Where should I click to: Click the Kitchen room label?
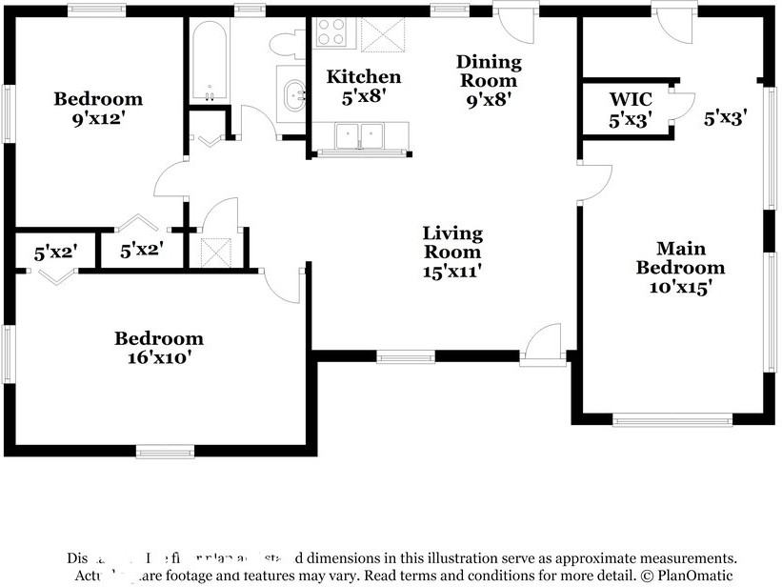click(364, 77)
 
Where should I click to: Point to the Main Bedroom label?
click(680, 258)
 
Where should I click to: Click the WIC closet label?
click(630, 99)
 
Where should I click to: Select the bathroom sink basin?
click(292, 93)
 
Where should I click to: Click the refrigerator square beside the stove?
click(383, 35)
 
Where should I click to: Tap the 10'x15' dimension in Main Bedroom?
click(680, 286)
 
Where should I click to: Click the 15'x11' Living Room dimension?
click(452, 271)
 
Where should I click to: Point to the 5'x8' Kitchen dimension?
click(364, 96)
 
